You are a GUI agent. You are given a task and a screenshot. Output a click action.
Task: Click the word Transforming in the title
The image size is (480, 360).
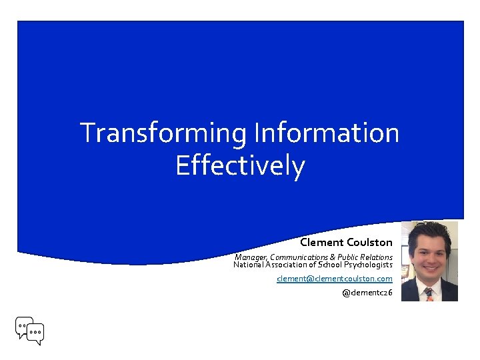163,133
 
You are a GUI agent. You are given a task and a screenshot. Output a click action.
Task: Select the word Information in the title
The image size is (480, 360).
326,133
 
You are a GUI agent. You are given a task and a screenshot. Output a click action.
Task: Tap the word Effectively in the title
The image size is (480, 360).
240,166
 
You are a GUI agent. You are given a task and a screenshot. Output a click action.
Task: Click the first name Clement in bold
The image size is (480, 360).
321,242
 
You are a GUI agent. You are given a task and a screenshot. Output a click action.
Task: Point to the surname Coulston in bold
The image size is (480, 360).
369,242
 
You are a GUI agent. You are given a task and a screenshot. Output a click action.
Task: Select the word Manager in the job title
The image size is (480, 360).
251,257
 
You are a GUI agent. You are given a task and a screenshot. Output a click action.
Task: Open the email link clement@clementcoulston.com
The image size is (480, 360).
335,279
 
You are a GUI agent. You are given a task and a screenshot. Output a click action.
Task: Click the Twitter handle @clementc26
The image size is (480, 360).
367,293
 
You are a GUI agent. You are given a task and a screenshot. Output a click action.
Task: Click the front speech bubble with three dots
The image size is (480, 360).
35,332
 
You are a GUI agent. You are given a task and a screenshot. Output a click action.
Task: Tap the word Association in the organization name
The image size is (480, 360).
287,265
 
